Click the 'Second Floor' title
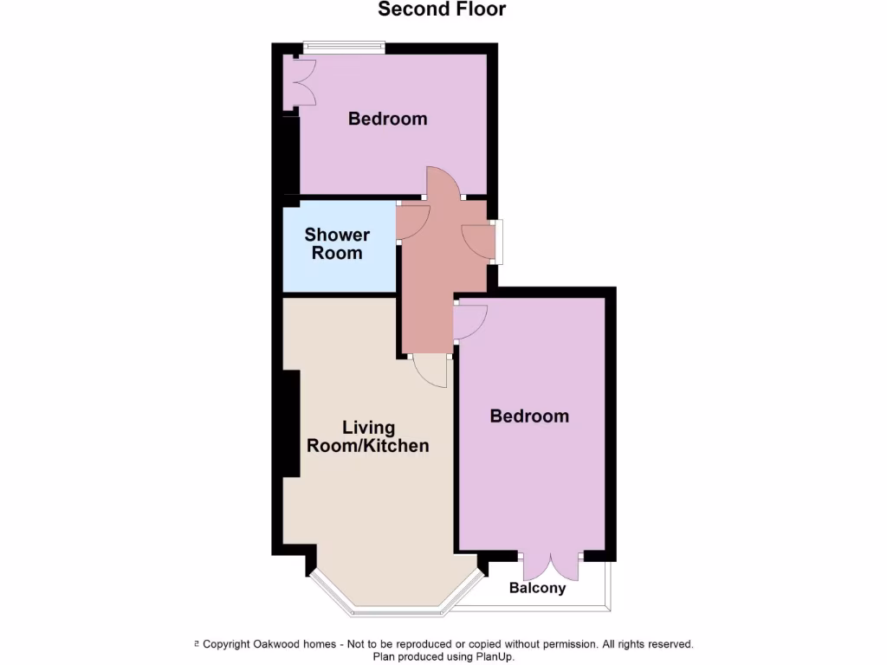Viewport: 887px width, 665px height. [442, 10]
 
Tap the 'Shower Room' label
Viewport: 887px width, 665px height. [337, 244]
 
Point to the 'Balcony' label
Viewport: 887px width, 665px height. [537, 588]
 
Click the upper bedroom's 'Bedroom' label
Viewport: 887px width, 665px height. [387, 119]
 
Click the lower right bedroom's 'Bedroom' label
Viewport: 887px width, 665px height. [529, 416]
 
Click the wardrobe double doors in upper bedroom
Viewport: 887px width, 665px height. [299, 83]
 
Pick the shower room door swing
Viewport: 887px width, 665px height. [414, 222]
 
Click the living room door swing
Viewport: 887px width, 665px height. [431, 371]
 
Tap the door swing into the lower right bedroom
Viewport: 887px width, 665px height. [469, 322]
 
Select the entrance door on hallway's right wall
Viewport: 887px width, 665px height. [481, 242]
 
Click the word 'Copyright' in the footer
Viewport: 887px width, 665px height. [227, 644]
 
